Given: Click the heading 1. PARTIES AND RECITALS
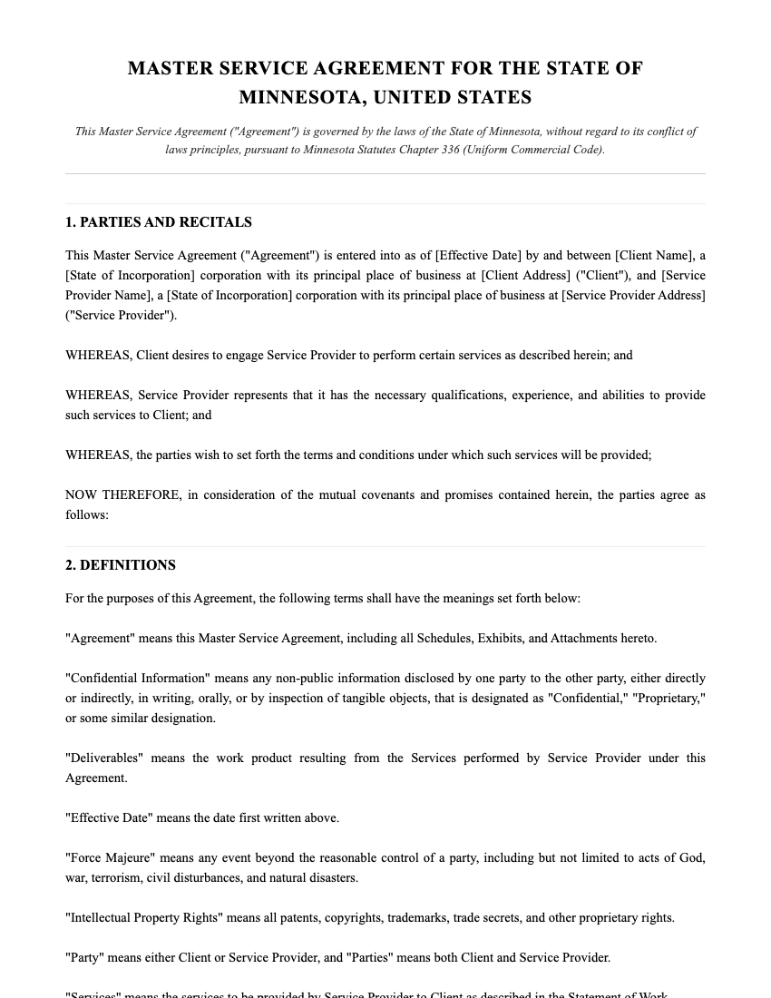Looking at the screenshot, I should (159, 222).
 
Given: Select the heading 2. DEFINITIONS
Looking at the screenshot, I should (121, 565).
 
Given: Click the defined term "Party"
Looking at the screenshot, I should (85, 957).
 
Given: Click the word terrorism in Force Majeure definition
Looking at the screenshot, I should (120, 877).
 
